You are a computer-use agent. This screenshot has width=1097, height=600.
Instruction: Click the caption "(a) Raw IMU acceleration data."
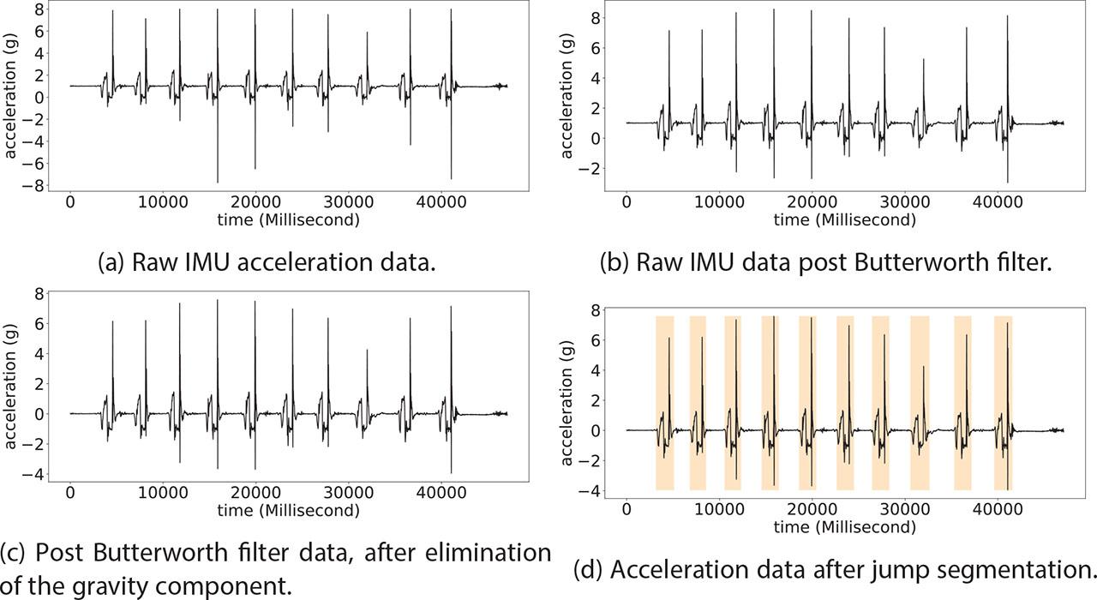pos(284,261)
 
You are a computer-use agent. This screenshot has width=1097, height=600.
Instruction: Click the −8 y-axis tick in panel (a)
pos(37,186)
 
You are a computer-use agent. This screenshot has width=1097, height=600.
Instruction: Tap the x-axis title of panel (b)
pos(844,219)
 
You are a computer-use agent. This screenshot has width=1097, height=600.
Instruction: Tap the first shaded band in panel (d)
pos(665,403)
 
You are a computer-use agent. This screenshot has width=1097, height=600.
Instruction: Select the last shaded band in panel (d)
pos(1004,403)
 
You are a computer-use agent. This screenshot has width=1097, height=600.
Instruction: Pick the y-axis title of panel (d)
pos(567,404)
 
